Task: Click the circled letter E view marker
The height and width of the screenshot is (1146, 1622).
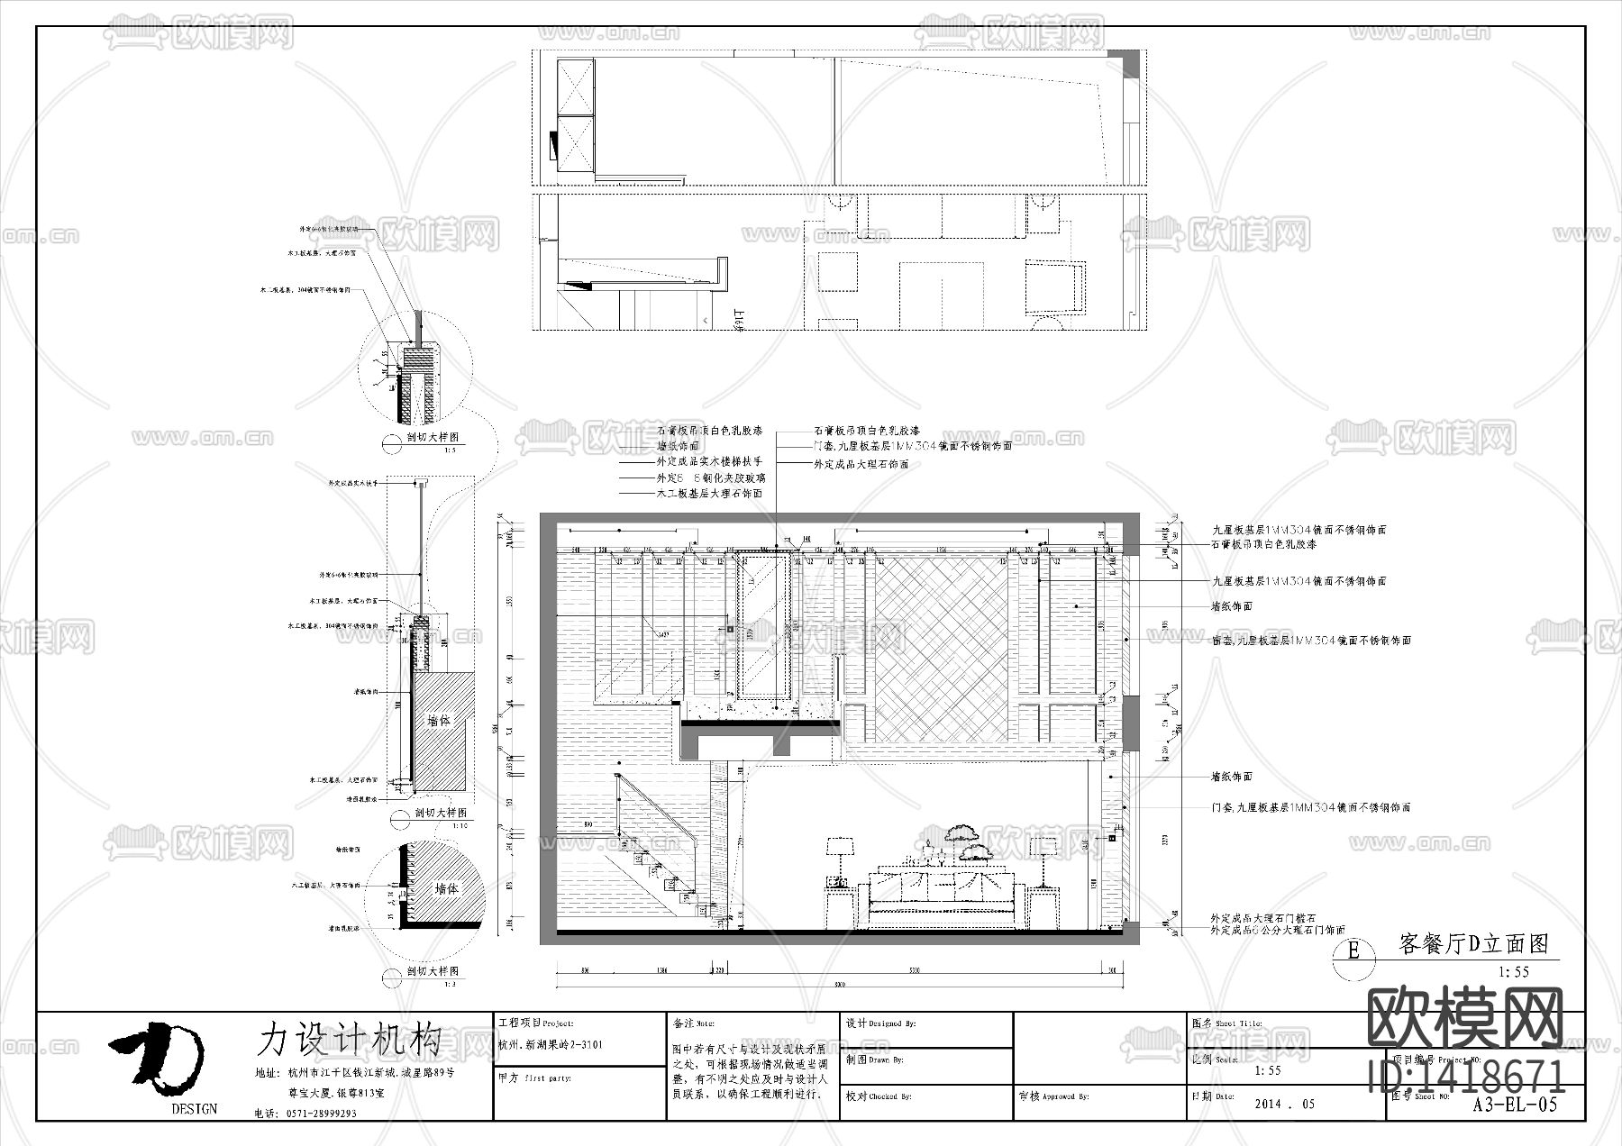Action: click(x=1353, y=950)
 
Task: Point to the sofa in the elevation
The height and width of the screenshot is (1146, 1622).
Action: click(x=941, y=896)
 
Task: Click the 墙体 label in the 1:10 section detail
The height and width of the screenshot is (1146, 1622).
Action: click(x=439, y=721)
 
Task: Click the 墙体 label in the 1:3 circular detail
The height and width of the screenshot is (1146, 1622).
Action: click(x=447, y=887)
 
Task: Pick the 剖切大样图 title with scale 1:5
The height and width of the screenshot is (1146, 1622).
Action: click(x=433, y=438)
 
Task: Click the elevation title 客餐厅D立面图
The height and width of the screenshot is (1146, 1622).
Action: click(x=1473, y=943)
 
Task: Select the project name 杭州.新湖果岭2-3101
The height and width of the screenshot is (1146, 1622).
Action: click(x=551, y=1045)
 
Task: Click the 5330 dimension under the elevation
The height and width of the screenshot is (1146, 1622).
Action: click(x=914, y=970)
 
